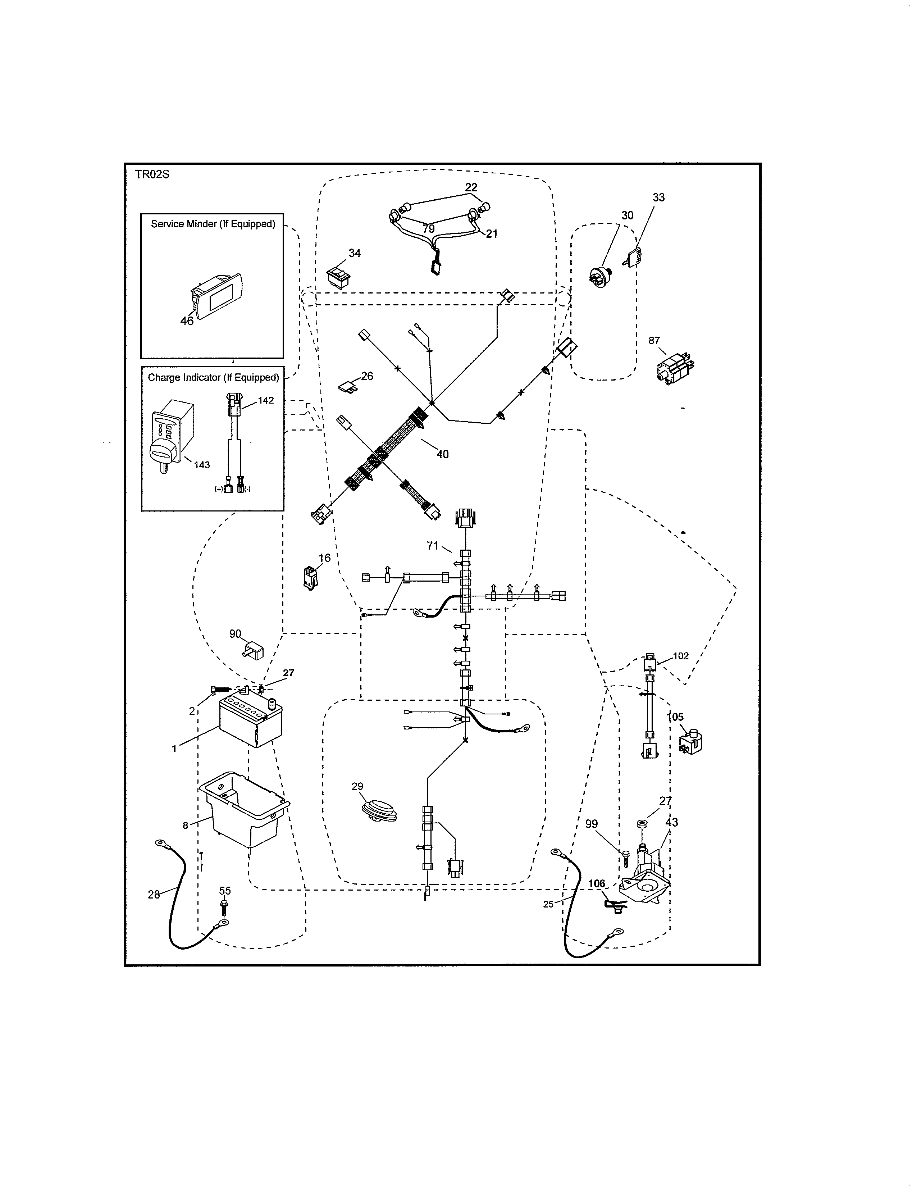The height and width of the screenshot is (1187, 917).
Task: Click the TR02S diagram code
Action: point(152,174)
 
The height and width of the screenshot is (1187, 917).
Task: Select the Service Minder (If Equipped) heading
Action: point(213,224)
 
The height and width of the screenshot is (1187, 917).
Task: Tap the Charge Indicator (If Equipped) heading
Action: point(213,377)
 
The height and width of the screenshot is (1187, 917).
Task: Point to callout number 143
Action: point(201,465)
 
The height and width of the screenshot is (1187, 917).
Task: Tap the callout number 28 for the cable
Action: point(154,895)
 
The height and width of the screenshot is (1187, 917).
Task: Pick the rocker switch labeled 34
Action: point(338,276)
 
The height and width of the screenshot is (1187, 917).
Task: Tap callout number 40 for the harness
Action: point(442,454)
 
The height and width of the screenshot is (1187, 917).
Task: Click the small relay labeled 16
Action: point(311,578)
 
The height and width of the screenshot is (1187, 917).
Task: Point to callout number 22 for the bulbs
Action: point(471,187)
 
